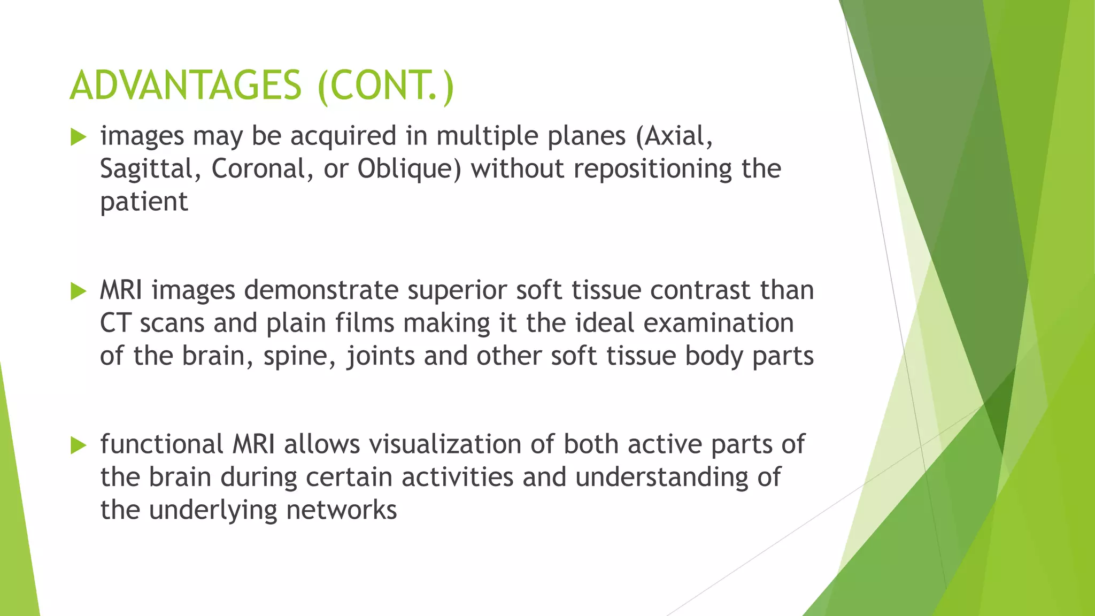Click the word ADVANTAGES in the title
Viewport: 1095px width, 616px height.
(186, 86)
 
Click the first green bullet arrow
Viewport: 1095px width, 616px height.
(78, 137)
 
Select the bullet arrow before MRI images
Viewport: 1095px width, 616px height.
(78, 291)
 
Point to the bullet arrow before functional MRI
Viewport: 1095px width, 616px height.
(78, 445)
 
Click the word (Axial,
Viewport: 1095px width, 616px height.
(674, 136)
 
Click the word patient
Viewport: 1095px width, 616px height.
(144, 202)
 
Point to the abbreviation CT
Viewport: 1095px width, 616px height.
(115, 324)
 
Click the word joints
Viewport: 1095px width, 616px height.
(381, 357)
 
